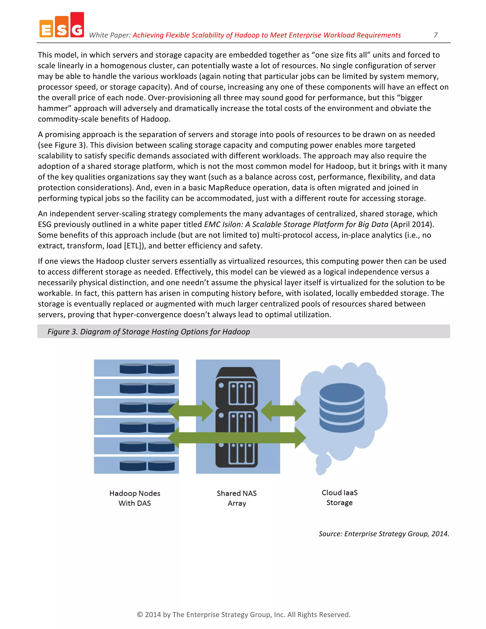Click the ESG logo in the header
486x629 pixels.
(x=62, y=26)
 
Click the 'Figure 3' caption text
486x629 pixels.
(x=149, y=332)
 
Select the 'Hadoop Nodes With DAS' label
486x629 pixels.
(x=135, y=498)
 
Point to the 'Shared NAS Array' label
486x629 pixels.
(x=237, y=498)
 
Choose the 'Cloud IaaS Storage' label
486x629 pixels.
(x=339, y=498)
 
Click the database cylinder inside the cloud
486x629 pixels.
(x=342, y=408)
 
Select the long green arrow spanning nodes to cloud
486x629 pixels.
(x=237, y=438)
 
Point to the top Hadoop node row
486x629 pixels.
(x=136, y=368)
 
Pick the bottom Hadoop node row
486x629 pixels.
(x=136, y=465)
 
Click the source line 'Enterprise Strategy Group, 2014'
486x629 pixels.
(x=384, y=534)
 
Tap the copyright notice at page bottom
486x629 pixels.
(x=243, y=615)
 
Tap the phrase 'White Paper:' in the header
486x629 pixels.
(x=110, y=35)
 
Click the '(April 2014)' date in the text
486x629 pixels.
(x=412, y=224)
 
